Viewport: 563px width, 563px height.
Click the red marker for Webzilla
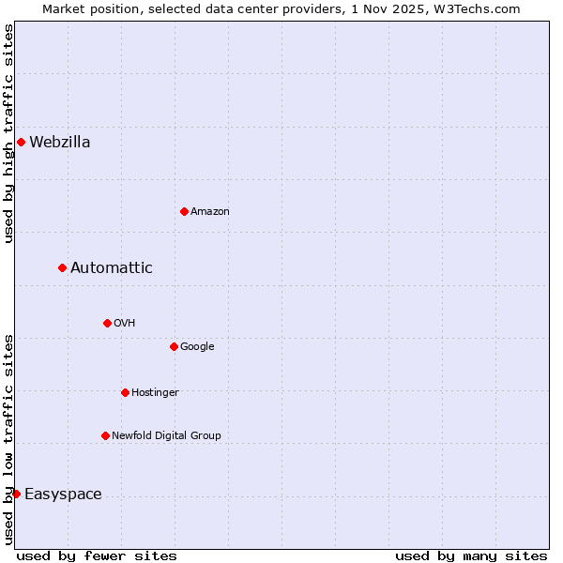[21, 143]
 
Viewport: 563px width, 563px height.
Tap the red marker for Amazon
[184, 211]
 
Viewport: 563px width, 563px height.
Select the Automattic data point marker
[63, 268]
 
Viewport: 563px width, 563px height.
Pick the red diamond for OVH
[107, 323]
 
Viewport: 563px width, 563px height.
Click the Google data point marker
[174, 346]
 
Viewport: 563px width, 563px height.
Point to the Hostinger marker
[125, 392]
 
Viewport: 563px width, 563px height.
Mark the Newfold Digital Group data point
[105, 435]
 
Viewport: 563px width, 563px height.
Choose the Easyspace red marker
[16, 494]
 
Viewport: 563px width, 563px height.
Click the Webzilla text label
[60, 143]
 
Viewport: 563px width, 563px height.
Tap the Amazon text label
[210, 212]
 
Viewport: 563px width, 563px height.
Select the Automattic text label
[112, 268]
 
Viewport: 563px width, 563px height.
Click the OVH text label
[125, 324]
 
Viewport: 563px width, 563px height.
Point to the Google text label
[197, 347]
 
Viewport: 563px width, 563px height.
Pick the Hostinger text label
[155, 392]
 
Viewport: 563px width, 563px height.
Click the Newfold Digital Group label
[166, 435]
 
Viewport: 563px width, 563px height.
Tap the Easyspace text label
[63, 495]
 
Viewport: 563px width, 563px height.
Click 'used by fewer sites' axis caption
[97, 556]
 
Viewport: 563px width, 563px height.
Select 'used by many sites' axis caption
[471, 556]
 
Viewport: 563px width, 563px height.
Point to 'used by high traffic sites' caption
[9, 133]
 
